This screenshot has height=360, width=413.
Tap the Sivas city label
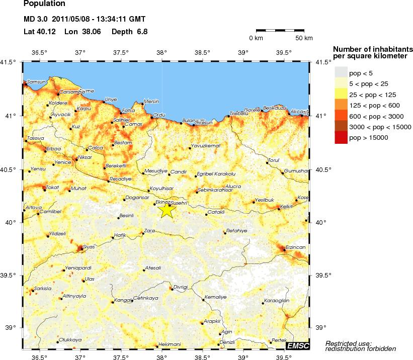tap(88, 247)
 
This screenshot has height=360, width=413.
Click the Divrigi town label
tap(180, 287)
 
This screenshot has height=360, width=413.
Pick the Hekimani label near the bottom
tap(169, 344)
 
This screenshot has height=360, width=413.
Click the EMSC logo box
tap(297, 345)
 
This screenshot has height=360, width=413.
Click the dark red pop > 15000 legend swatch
tap(341, 137)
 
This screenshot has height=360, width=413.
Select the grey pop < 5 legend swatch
tap(341, 73)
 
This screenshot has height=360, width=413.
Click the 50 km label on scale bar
tap(304, 38)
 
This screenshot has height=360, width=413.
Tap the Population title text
tap(44, 4)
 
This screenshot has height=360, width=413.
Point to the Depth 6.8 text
tap(129, 31)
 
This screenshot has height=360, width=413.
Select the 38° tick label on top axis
tap(161, 52)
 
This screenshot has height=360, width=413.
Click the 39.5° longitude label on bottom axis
tap(284, 357)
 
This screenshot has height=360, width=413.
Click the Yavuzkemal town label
tap(206, 146)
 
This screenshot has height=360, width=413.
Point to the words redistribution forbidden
tap(360, 349)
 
